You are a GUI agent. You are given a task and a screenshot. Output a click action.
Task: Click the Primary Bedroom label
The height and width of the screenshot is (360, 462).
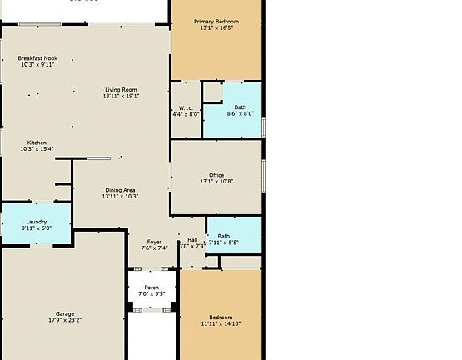point(216,22)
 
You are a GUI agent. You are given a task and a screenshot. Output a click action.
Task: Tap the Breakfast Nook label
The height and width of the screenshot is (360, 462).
point(37,58)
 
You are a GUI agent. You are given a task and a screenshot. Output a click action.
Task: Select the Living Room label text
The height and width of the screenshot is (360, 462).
point(121,90)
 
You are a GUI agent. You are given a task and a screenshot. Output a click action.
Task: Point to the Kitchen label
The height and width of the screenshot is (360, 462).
point(37,142)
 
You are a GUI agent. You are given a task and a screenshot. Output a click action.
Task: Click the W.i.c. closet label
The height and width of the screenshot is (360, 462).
point(186,107)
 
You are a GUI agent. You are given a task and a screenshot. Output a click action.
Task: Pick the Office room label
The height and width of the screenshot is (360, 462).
point(216,175)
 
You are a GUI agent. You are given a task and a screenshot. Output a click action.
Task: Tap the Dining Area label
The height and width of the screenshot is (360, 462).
point(120,190)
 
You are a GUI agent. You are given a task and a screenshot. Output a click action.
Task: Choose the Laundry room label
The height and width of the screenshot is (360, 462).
point(36,222)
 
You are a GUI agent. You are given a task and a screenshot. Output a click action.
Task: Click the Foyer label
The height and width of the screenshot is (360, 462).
point(155,242)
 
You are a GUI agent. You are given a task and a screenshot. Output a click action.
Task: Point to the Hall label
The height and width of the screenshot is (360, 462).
point(192,240)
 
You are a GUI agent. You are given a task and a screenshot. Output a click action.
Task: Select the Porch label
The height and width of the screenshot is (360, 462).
point(152,287)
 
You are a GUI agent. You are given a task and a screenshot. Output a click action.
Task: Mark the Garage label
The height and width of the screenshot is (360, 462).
point(64,313)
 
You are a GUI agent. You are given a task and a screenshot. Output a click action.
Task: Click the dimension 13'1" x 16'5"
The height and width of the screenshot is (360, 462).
point(216,28)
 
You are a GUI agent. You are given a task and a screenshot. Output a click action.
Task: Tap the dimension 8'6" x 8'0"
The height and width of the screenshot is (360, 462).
point(240,113)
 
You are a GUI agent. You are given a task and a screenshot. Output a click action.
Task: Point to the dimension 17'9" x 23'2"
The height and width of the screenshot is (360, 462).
point(64,320)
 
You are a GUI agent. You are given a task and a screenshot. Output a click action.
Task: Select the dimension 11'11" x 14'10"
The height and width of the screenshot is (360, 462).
point(221,323)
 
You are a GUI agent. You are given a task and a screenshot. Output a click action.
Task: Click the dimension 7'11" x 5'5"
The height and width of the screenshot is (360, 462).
point(224,242)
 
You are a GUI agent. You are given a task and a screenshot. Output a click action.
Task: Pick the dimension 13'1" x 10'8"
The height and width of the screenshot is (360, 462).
point(216,182)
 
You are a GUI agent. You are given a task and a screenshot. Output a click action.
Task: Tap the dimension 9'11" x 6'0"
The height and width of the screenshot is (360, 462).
point(36,227)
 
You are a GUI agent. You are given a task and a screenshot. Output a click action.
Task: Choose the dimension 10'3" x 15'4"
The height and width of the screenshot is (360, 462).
point(37,149)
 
